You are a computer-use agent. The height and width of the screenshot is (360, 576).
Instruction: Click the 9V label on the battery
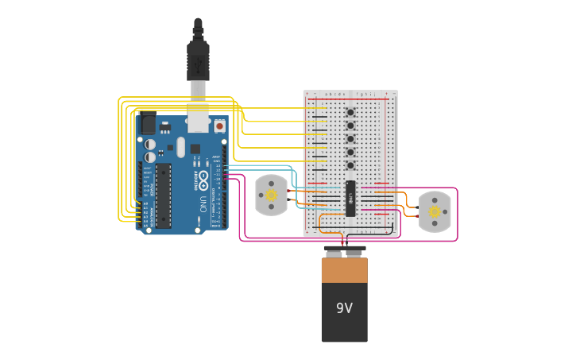tap(344, 308)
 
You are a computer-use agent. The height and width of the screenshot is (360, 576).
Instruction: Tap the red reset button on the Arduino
tap(219, 126)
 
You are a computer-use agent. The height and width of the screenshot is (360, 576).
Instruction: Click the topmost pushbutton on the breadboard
tap(350, 112)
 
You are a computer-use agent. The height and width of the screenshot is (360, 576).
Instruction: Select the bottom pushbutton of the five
tap(350, 165)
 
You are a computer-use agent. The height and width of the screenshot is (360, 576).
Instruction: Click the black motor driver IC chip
tap(350, 198)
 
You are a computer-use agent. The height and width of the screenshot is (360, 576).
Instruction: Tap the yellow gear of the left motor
tap(271, 195)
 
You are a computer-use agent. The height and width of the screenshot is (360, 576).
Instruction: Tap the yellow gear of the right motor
tap(435, 211)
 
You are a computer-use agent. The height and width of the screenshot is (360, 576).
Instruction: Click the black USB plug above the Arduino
tap(198, 60)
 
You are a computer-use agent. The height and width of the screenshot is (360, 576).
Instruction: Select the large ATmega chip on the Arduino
tap(163, 195)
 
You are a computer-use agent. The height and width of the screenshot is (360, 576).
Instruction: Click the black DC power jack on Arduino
tap(148, 125)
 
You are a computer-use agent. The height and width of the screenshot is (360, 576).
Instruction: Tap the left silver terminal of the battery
tap(334, 253)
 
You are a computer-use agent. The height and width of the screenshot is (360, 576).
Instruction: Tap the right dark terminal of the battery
tap(354, 253)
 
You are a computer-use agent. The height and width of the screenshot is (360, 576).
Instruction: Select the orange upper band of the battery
tap(344, 269)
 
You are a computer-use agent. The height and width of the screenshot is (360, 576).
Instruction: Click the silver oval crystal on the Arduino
tap(181, 147)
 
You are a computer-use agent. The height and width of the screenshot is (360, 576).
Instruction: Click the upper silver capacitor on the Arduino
tap(150, 144)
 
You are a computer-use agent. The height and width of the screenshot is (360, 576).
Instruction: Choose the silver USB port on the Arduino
tap(198, 119)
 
